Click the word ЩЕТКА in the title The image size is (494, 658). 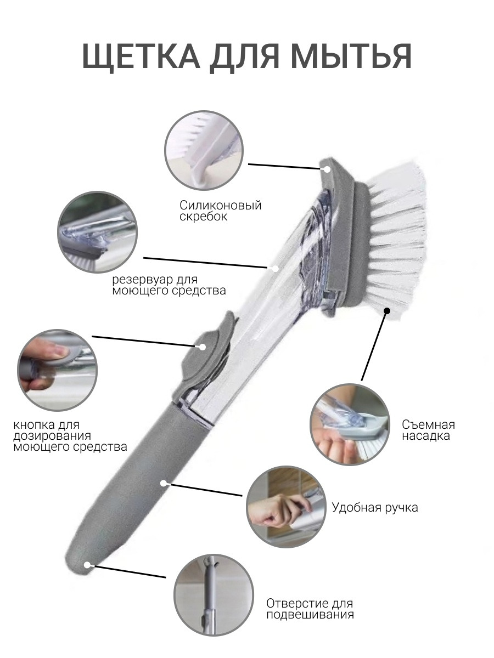click(141, 57)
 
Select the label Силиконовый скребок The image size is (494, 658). click(221, 211)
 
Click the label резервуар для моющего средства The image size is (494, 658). click(169, 285)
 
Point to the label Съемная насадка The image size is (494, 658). click(428, 430)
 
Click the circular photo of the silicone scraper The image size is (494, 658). click(204, 151)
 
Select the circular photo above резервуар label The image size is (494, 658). click(98, 232)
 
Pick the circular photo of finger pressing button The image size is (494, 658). click(57, 370)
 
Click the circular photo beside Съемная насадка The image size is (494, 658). click(350, 424)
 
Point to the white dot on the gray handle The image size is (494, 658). click(164, 483)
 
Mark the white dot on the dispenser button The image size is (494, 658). click(203, 347)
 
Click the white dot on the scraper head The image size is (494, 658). click(327, 169)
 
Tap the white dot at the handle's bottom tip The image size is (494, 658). click(87, 565)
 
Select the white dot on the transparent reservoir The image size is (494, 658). click(276, 269)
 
